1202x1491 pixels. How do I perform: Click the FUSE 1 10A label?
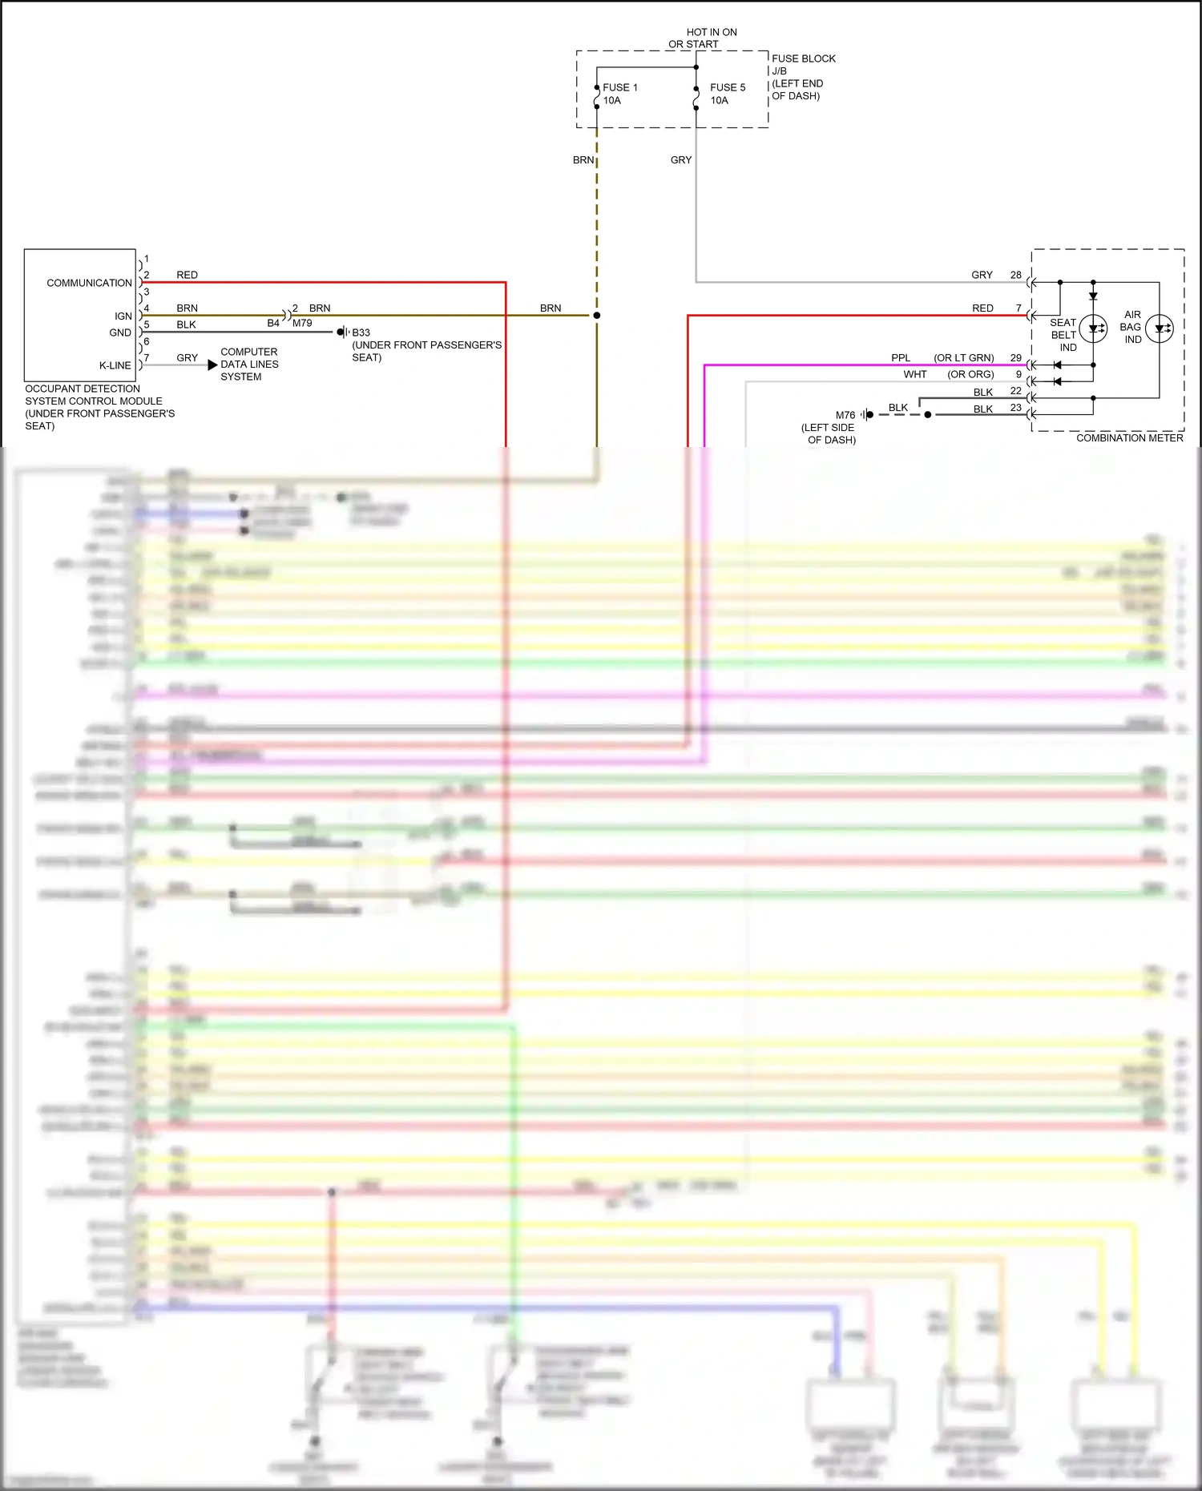coord(619,94)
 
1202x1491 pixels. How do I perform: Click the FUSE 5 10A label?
coord(727,94)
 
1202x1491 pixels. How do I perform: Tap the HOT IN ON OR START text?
coord(703,38)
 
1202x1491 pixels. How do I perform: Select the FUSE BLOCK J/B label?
coord(802,64)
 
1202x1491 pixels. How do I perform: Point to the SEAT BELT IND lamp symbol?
coord(1093,328)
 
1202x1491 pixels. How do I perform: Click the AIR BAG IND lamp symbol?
coord(1159,328)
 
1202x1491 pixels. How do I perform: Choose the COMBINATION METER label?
coord(1129,438)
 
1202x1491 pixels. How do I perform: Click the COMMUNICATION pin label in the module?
coord(89,283)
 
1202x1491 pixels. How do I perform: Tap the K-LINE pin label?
coord(115,365)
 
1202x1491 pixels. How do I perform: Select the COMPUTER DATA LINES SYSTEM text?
coord(249,365)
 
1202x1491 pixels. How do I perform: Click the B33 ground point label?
coord(361,332)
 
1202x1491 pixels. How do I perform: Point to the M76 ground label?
coord(845,415)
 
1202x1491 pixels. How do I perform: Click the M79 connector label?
coord(302,324)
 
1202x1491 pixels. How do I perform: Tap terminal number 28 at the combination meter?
coord(1015,275)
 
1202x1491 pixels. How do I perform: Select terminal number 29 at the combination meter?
coord(1015,358)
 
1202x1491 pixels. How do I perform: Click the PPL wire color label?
coord(901,358)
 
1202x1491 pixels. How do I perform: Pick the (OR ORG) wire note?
coord(970,374)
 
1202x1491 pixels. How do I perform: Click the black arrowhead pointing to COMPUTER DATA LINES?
coord(212,365)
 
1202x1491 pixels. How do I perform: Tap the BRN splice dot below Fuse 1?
coord(597,316)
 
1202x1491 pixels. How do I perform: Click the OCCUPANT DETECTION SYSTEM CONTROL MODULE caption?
coord(94,407)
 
